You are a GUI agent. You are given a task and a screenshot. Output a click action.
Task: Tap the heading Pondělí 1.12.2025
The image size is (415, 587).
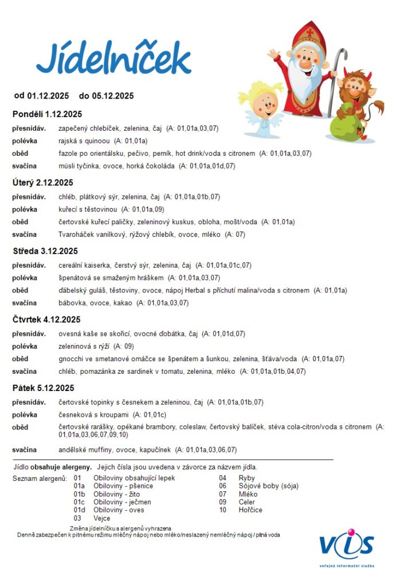(47, 114)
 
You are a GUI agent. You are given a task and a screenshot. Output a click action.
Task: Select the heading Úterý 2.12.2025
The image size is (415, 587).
(43, 182)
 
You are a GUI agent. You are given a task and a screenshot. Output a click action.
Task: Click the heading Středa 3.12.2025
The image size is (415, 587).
(45, 251)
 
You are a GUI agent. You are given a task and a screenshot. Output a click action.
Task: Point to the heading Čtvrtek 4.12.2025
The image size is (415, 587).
(46, 319)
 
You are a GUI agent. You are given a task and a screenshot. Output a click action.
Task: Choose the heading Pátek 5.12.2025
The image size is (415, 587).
(44, 388)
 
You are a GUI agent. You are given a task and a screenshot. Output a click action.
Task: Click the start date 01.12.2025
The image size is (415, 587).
(48, 96)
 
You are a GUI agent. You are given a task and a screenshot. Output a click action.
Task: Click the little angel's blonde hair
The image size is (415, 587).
(261, 92)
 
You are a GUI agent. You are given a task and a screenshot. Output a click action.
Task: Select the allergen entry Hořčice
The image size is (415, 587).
(251, 510)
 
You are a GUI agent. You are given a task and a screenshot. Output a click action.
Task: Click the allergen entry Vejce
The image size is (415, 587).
(102, 518)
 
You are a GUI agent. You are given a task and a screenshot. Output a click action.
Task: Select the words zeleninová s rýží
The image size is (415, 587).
(84, 346)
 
